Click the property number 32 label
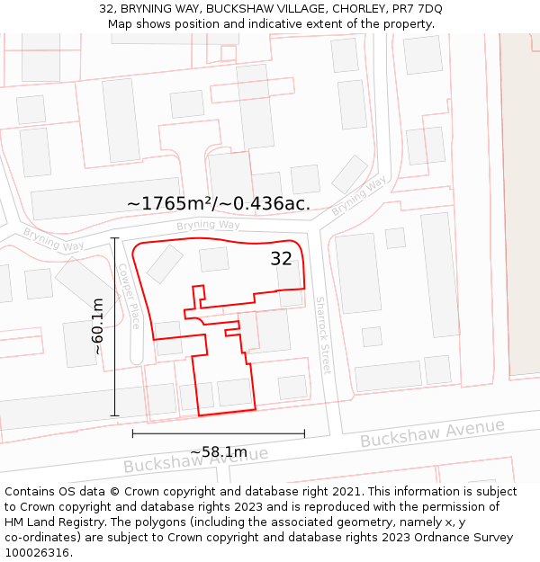[282, 259]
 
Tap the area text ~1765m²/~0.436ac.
[219, 204]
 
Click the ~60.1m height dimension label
[98, 326]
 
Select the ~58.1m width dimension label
[218, 451]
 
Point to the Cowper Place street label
[130, 295]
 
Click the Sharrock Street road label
[323, 335]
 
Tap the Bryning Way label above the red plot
[208, 225]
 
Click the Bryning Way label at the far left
[53, 240]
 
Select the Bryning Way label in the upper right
[358, 195]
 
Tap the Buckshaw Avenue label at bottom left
[195, 459]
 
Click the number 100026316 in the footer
[36, 553]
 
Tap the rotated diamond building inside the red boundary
[165, 263]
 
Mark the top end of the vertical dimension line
[114, 237]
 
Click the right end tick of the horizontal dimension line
[304, 433]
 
